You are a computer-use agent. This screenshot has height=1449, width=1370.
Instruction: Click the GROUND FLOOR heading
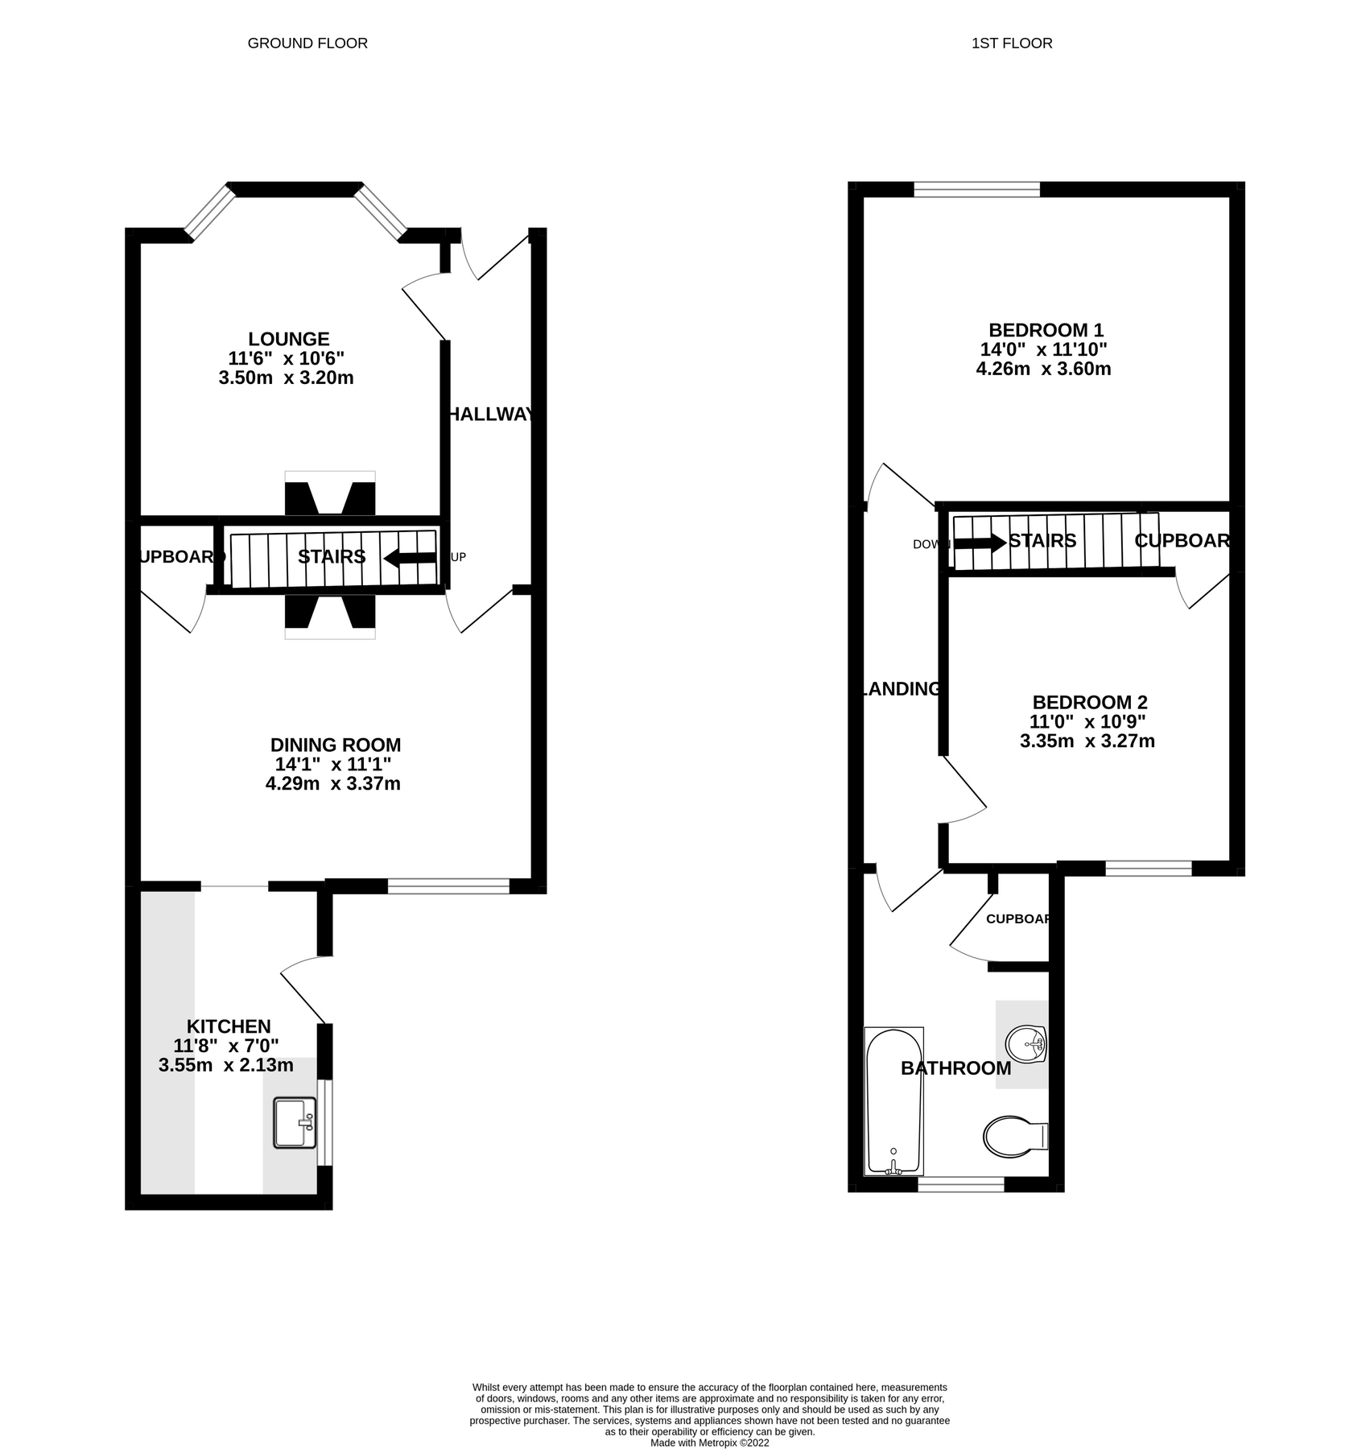[x=307, y=43]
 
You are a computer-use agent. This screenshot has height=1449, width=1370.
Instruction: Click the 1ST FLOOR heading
[x=1012, y=43]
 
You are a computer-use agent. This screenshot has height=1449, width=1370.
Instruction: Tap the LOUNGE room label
[x=288, y=339]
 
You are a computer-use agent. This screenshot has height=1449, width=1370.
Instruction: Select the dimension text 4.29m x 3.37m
[x=333, y=783]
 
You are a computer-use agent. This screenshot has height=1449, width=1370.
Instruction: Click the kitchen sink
[x=295, y=1122]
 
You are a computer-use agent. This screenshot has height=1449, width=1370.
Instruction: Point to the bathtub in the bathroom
[x=893, y=1100]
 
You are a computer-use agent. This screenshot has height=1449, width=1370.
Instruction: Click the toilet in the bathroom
[x=1013, y=1137]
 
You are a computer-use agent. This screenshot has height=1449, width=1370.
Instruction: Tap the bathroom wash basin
[x=1025, y=1046]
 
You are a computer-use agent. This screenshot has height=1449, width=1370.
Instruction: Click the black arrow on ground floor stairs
[x=410, y=558]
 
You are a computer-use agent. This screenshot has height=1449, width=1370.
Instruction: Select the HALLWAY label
[x=490, y=415]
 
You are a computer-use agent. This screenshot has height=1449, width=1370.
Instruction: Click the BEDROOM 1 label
[x=1046, y=330]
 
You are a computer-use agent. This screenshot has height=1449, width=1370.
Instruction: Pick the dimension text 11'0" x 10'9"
[x=1087, y=721]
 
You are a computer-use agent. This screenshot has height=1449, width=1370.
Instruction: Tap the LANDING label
[x=901, y=689]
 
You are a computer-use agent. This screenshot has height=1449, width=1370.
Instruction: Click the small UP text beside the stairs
[x=458, y=557]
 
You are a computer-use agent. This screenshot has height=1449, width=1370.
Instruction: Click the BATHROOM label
[x=955, y=1068]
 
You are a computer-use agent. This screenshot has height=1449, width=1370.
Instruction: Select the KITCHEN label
[x=229, y=1026]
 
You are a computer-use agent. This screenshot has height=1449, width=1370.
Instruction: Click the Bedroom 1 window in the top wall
[x=976, y=189]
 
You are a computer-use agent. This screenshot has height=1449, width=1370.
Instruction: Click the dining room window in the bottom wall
[x=448, y=886]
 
